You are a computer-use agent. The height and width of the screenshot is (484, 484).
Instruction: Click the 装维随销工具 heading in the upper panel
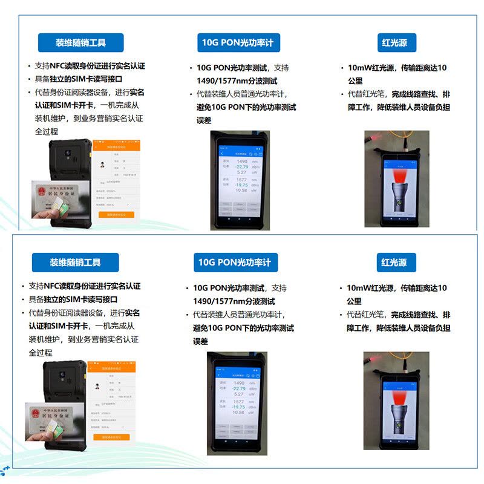click(x=80, y=43)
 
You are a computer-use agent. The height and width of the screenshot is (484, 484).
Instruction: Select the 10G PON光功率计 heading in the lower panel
click(x=235, y=263)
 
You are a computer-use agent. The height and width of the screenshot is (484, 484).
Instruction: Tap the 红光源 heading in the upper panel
click(x=394, y=43)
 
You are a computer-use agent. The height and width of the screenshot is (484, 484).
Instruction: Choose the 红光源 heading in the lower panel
click(x=394, y=263)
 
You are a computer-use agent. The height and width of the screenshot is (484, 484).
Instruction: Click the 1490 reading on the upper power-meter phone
click(x=242, y=162)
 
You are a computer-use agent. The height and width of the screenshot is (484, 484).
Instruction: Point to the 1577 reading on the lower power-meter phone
click(x=239, y=401)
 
